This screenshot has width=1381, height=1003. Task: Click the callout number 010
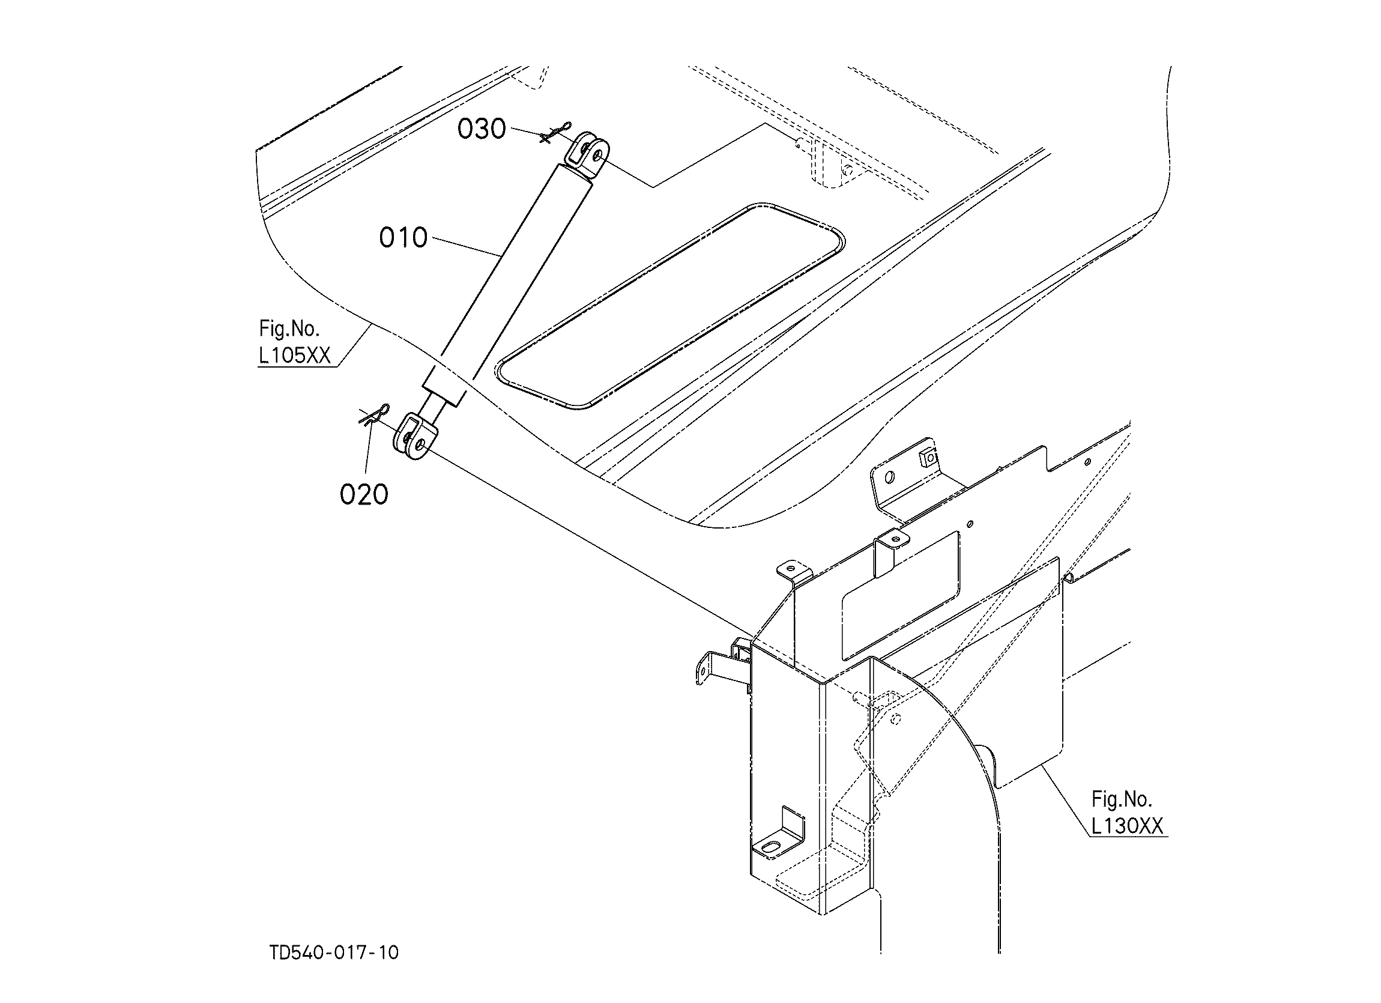[403, 237]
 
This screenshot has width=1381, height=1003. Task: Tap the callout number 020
[364, 494]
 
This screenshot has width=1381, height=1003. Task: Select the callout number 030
[482, 129]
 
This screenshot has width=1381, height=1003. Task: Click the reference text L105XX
[295, 356]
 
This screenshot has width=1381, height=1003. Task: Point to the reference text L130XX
[1127, 826]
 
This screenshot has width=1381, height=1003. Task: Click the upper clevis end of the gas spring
[587, 155]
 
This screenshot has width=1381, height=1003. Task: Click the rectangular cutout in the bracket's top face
[900, 598]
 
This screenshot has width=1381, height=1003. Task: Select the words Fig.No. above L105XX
[289, 329]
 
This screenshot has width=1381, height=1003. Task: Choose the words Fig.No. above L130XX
[1122, 798]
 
